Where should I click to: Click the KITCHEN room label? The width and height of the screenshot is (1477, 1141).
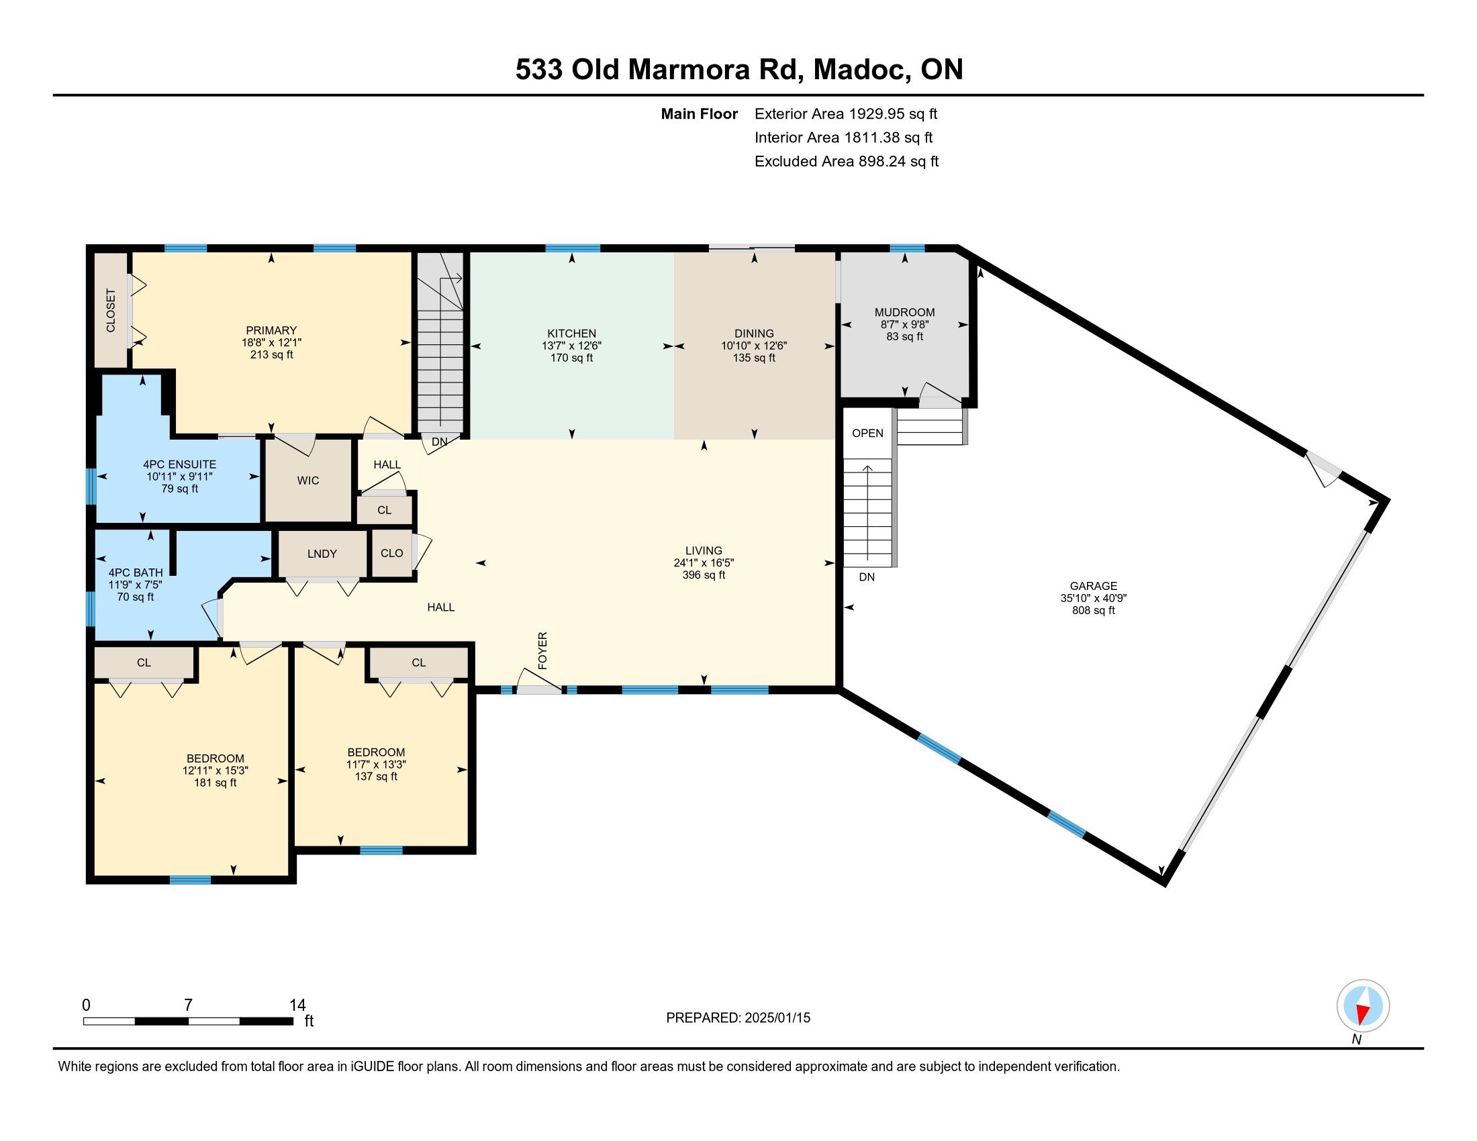coord(571,334)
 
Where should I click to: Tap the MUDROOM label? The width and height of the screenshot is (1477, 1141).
coord(904,312)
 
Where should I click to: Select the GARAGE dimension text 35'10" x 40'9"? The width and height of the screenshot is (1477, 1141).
coord(1093,598)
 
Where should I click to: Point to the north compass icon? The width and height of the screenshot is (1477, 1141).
coord(1363,1006)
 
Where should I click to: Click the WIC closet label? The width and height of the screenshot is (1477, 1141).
coord(307,481)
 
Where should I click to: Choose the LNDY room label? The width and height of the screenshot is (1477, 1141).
coord(322,554)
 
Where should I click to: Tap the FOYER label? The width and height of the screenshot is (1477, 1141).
coord(542,651)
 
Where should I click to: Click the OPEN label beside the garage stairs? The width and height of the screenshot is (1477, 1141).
coord(867,434)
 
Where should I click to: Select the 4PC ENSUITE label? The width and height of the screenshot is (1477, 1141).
coord(179,464)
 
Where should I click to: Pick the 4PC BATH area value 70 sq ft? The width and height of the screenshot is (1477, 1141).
coord(135,597)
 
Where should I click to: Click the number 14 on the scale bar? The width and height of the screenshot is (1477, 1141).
coord(297,1005)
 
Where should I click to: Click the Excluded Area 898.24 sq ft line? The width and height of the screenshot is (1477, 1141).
coord(847,162)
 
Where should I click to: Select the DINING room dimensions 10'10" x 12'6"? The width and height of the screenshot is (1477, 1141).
coord(754,346)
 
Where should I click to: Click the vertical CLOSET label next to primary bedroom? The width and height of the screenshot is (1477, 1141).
coord(111,310)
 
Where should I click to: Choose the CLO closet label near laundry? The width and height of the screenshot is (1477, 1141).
coord(391,553)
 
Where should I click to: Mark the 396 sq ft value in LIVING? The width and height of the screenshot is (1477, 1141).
coord(704,575)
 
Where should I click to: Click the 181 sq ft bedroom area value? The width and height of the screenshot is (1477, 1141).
coord(215,783)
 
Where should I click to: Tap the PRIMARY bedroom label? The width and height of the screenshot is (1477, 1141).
coord(271,330)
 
